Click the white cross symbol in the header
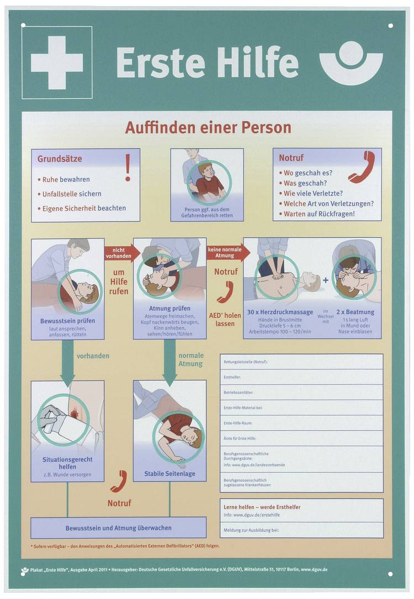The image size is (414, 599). point(56,62)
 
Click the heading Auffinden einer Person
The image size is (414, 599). point(208,128)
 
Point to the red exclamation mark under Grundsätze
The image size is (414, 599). point(128,168)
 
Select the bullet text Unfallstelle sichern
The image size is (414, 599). point(72,194)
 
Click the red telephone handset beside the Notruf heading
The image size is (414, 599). point(362,166)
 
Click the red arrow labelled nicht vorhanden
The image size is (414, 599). point(118,253)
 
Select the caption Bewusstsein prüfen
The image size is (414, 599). point(67,321)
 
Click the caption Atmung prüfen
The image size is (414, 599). point(170,309)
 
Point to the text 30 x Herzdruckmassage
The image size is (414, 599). point(280,312)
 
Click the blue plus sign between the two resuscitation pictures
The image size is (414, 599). point(326,280)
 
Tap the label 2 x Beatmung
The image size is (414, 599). point(355,312)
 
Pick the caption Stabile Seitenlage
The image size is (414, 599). point(170,473)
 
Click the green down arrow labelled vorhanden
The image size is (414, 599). point(67,362)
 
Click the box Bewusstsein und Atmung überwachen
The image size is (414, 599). point(118,528)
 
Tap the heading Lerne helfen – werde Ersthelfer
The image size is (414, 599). point(262,507)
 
